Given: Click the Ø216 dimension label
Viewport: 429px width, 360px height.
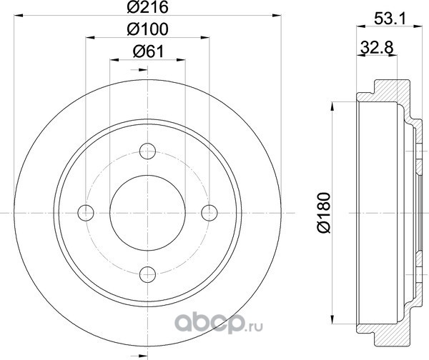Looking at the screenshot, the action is pos(147,7).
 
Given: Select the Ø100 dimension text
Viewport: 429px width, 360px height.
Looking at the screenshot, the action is pos(147,29).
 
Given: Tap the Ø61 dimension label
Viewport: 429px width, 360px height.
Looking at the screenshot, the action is pos(148,51).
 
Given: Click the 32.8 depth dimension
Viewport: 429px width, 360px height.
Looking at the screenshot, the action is pos(377,47).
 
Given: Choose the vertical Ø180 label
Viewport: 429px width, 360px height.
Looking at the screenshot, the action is pos(325,213).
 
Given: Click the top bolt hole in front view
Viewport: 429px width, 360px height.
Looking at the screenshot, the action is pos(147,151).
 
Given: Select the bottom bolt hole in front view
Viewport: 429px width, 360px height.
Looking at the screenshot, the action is pos(147,274).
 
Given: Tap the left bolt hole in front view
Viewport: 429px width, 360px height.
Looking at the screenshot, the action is pos(86,213).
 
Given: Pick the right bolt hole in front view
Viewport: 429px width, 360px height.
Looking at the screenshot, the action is pos(209,213).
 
